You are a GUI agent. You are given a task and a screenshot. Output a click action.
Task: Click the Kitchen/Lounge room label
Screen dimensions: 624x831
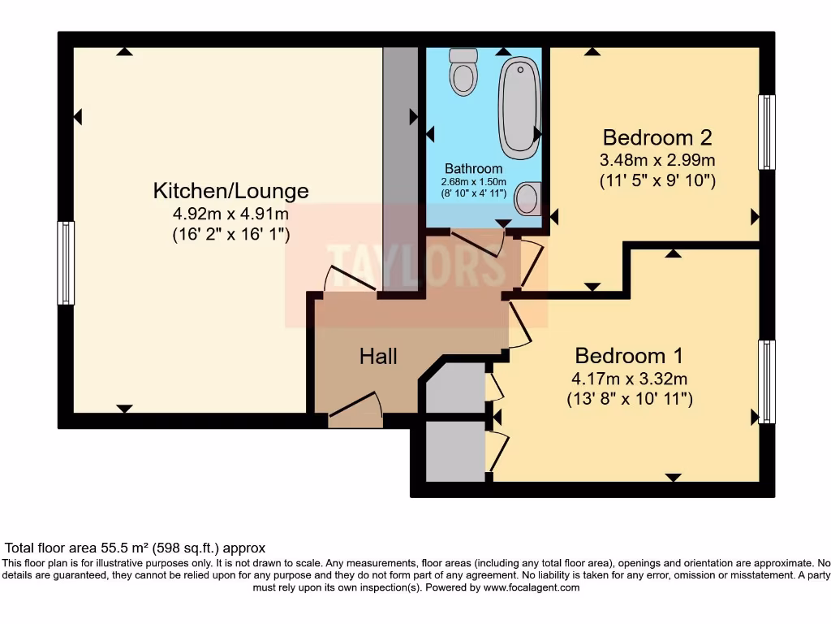[231, 191]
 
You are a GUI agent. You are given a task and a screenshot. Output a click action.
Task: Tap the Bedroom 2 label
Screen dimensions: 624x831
[657, 136]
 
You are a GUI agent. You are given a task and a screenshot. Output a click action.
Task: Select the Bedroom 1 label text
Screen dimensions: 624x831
[629, 356]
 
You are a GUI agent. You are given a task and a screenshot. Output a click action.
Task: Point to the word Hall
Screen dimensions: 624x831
[378, 356]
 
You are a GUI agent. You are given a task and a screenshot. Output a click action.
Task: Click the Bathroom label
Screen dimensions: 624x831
[473, 168]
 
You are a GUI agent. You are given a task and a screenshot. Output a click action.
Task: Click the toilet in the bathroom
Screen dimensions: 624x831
[464, 71]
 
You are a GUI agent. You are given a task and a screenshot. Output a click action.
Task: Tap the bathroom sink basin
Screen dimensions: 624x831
[528, 197]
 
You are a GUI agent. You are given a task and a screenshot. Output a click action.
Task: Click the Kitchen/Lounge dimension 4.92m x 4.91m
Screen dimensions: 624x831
[231, 214]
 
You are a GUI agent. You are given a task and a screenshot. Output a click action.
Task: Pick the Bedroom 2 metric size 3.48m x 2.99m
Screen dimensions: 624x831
[657, 159]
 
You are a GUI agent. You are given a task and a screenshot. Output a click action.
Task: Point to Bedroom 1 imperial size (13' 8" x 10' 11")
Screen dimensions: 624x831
[629, 399]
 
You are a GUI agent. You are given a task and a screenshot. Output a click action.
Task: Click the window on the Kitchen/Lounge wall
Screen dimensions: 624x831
[66, 262]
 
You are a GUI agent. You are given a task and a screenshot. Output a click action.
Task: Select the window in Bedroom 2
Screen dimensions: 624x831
[766, 132]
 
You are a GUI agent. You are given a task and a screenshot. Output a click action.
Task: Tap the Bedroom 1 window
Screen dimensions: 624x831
[766, 381]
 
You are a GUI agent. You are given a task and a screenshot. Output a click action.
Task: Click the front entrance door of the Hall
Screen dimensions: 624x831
[355, 409]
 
